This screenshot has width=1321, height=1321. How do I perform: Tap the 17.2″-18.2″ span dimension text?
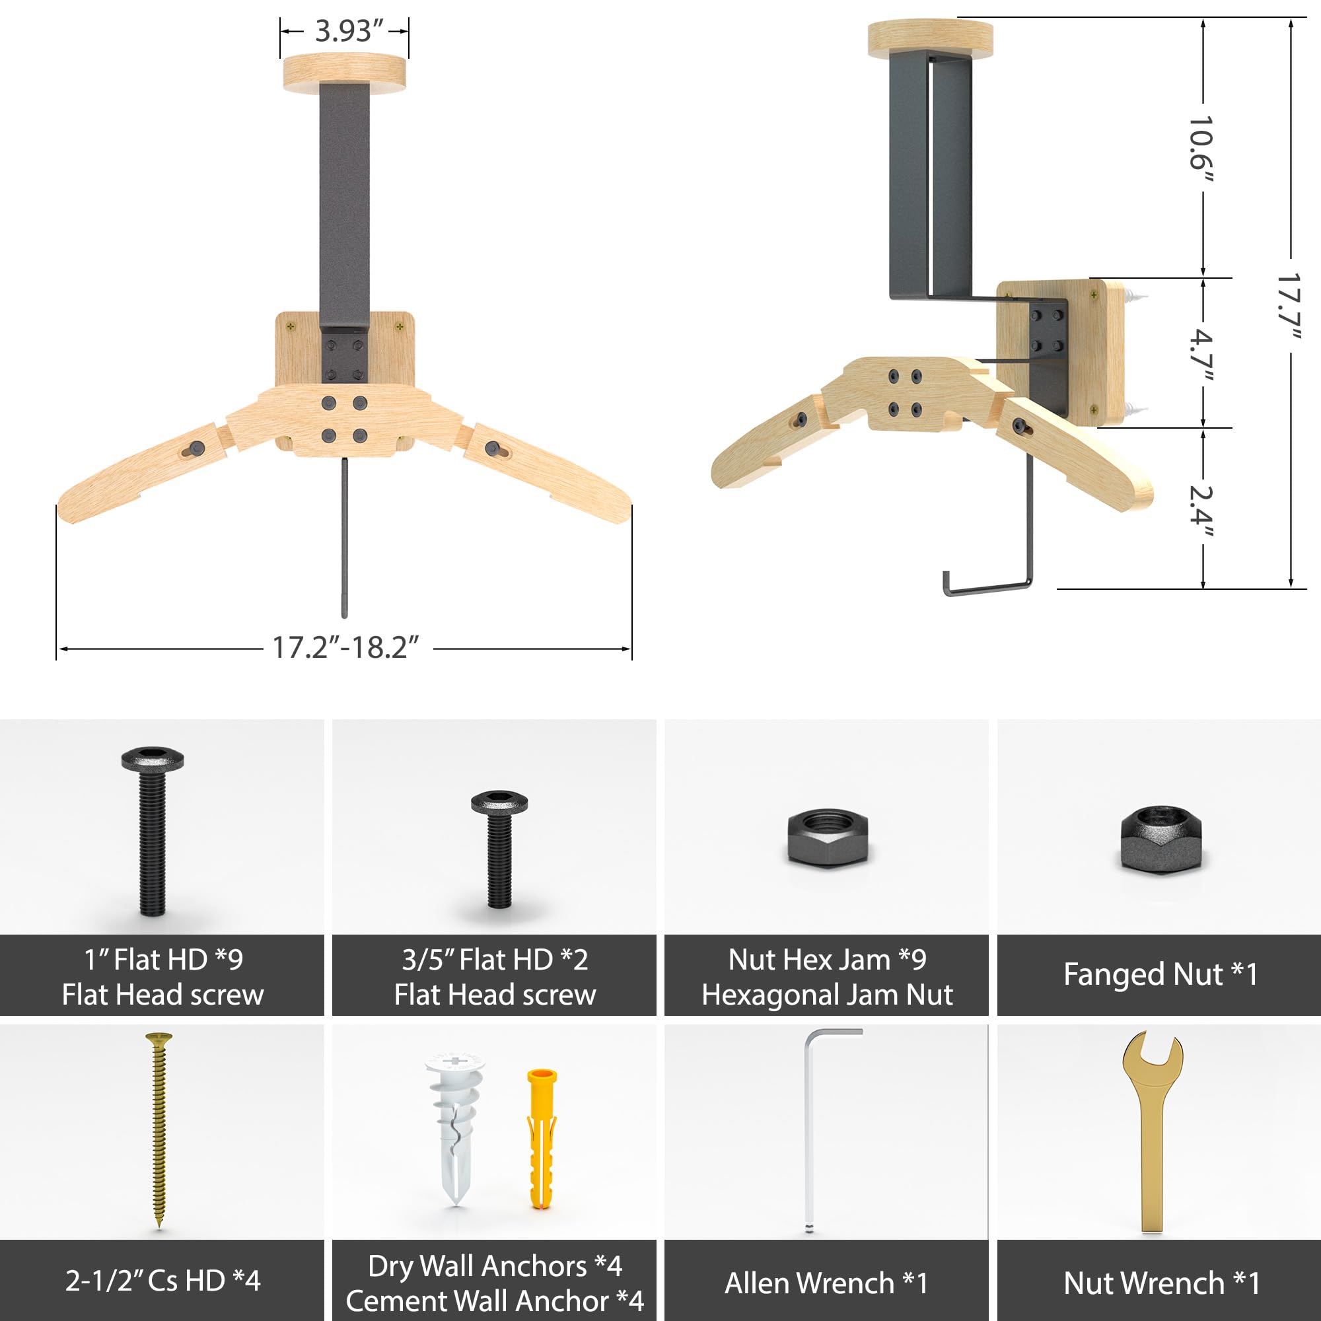[346, 647]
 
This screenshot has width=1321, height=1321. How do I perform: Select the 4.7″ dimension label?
[1201, 356]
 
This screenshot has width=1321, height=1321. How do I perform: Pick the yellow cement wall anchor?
[542, 1139]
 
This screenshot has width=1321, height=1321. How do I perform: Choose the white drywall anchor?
[454, 1128]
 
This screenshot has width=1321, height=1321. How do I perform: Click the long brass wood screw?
[159, 1128]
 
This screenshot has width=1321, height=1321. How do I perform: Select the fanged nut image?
[1160, 839]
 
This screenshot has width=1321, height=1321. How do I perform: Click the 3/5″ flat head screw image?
[499, 848]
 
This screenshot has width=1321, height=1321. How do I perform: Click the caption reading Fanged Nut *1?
[1160, 974]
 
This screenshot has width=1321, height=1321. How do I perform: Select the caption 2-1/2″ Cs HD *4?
[162, 1281]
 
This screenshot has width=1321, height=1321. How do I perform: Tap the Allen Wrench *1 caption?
[827, 1283]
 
